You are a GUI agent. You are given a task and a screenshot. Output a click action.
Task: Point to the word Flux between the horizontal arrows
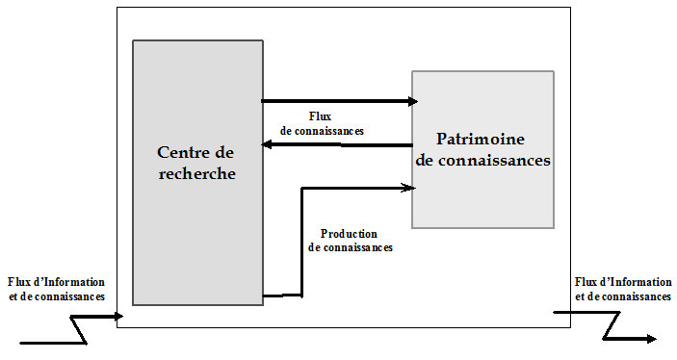(x=322, y=117)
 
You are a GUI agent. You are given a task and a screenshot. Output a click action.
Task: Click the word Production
(x=348, y=234)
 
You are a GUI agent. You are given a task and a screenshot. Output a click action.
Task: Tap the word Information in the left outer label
(x=72, y=282)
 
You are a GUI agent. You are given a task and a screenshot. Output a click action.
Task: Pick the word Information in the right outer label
(x=639, y=282)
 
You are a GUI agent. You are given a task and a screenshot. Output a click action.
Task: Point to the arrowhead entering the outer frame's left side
(x=119, y=315)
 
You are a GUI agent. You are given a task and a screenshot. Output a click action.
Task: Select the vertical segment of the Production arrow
(x=303, y=241)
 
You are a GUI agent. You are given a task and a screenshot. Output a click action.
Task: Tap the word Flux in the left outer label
(x=19, y=282)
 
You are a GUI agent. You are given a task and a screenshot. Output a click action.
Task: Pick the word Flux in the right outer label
(x=586, y=282)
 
